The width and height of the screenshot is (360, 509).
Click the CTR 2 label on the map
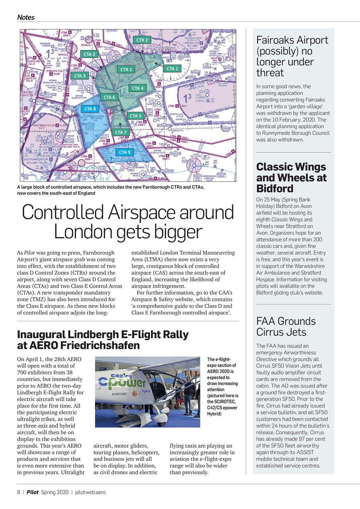pyautogui.click(x=142, y=40)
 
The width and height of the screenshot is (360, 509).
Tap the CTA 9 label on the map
pyautogui.click(x=125, y=152)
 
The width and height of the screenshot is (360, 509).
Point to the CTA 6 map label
pyautogui.click(x=109, y=97)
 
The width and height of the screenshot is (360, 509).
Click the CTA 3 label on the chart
pyautogui.click(x=80, y=76)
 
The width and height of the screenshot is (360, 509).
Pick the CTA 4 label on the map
pyautogui.click(x=138, y=88)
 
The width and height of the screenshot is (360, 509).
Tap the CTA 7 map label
pyautogui.click(x=121, y=132)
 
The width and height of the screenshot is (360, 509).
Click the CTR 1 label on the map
pyautogui.click(x=126, y=70)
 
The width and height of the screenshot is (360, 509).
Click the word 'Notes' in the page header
pyautogui.click(x=26, y=17)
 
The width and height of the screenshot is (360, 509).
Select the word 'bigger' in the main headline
pyautogui.click(x=175, y=232)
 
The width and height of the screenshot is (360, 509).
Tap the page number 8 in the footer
pyautogui.click(x=19, y=492)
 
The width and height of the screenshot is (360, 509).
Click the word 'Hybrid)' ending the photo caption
pyautogui.click(x=214, y=414)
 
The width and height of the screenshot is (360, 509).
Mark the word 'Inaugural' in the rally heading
pyautogui.click(x=41, y=334)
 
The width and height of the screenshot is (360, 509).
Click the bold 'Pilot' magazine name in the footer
pyautogui.click(x=33, y=492)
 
